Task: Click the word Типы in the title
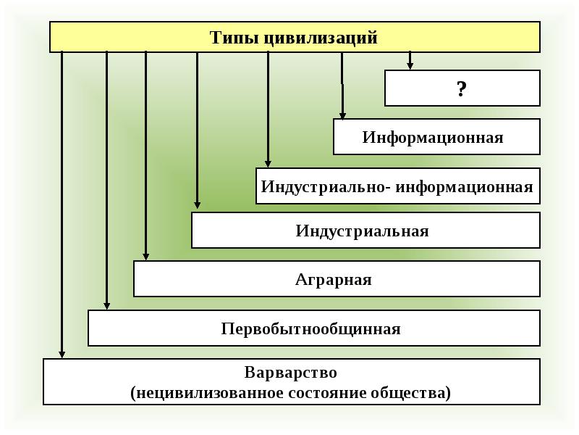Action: [x=233, y=38]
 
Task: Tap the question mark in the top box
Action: [x=462, y=89]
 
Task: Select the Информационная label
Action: [x=433, y=138]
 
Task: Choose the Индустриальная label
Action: [x=362, y=231]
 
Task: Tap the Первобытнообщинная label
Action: [x=310, y=329]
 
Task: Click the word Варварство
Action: [x=290, y=373]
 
